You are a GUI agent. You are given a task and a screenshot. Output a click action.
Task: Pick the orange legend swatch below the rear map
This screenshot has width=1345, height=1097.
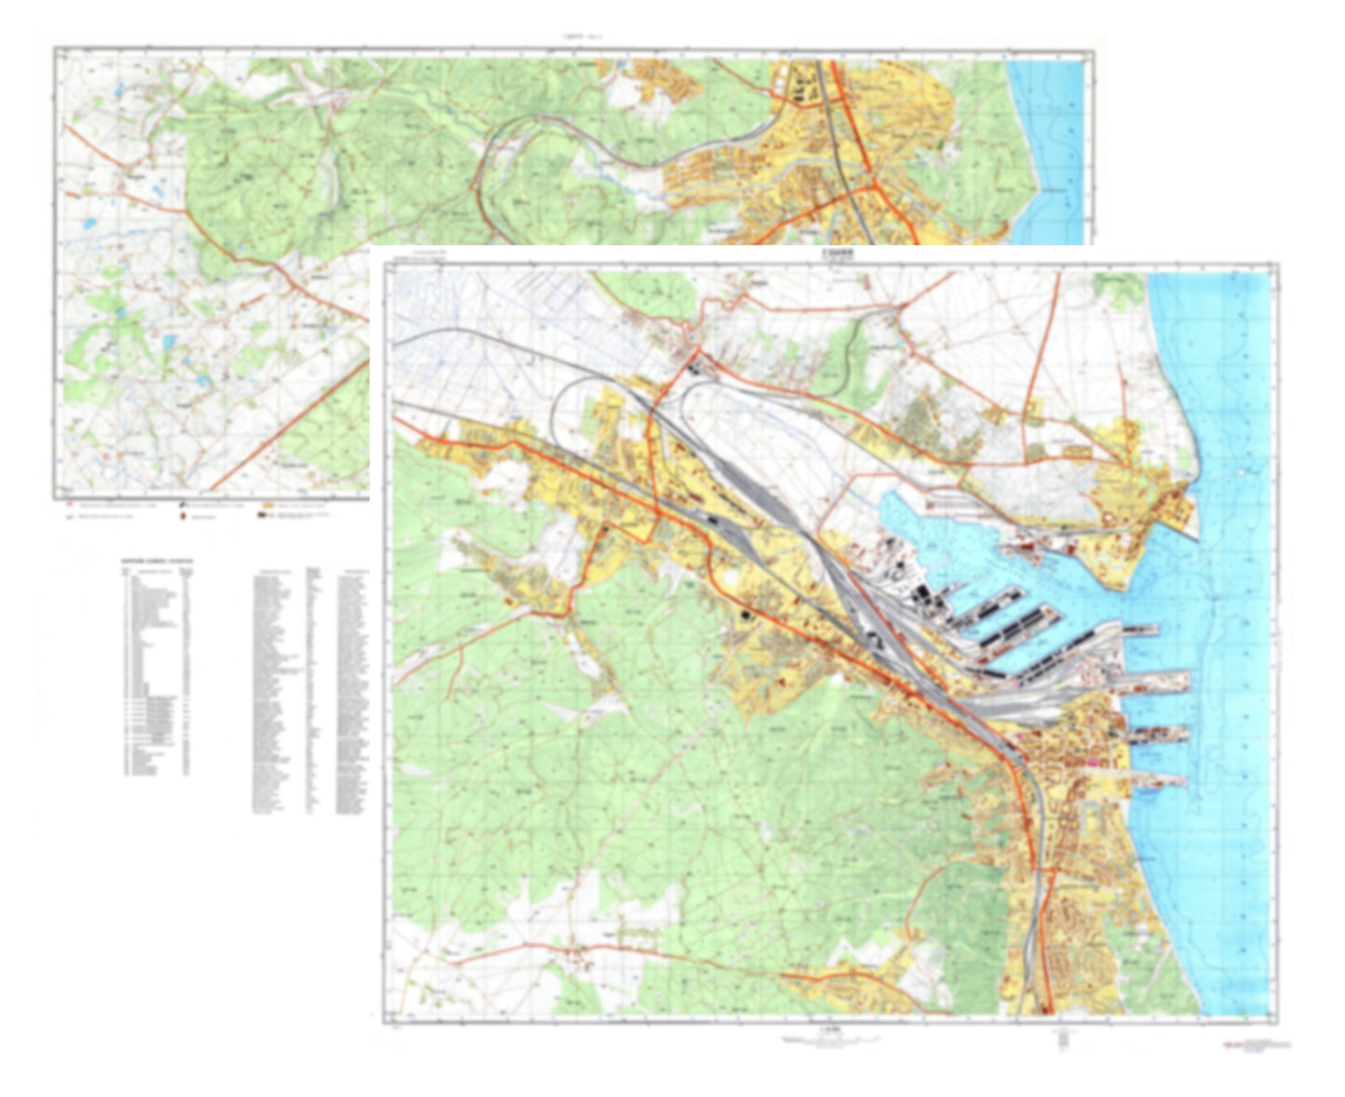click(x=267, y=505)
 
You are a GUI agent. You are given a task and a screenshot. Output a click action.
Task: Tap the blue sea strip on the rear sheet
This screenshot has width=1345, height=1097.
click(x=1047, y=149)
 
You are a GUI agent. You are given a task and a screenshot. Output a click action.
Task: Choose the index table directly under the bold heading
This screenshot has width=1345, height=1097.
click(x=157, y=670)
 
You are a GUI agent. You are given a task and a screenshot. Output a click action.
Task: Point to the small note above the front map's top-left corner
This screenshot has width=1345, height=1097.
click(x=427, y=253)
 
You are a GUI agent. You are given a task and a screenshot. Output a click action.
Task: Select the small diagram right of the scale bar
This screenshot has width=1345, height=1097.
click(x=1060, y=1039)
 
